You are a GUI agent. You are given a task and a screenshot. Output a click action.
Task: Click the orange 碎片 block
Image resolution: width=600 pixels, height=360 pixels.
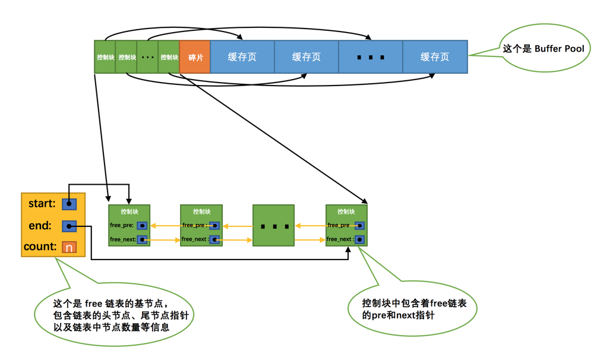[x=195, y=57]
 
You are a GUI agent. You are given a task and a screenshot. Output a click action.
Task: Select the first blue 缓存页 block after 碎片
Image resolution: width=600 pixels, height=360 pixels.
[x=242, y=57]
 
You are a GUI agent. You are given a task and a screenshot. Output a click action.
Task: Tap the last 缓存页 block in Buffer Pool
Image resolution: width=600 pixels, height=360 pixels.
[x=435, y=57]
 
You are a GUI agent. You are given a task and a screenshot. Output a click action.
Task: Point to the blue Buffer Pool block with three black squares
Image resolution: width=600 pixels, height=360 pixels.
[x=371, y=57]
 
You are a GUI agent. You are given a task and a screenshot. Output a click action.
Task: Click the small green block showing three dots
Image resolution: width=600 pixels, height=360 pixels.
[x=147, y=57]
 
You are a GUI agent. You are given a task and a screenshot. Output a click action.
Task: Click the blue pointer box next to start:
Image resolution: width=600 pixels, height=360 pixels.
[x=70, y=204]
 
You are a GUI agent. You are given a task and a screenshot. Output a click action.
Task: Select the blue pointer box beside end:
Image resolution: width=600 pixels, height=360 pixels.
[x=70, y=226]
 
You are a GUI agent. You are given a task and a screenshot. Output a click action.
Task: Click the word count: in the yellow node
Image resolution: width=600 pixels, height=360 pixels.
[x=40, y=247]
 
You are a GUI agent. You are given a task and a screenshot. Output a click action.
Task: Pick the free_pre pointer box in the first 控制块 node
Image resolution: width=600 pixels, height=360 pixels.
[x=142, y=226]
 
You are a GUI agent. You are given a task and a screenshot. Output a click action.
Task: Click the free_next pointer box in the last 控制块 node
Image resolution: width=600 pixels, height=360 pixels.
[x=359, y=239]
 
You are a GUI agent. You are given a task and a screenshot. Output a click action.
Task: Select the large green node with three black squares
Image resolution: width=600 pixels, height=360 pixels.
[x=273, y=226]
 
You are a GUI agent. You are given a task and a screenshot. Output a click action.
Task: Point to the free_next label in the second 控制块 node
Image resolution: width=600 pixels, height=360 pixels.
[x=194, y=239]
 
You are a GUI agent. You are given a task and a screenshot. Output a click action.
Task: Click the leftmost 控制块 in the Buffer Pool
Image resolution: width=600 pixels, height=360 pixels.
[x=105, y=57]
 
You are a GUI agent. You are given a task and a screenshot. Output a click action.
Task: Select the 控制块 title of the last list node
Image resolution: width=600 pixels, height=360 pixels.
[x=346, y=211]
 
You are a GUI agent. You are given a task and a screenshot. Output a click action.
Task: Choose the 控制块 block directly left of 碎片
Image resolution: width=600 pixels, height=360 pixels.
[x=169, y=57]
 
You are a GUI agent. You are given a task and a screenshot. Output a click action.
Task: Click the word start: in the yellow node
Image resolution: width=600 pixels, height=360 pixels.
[x=42, y=204]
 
